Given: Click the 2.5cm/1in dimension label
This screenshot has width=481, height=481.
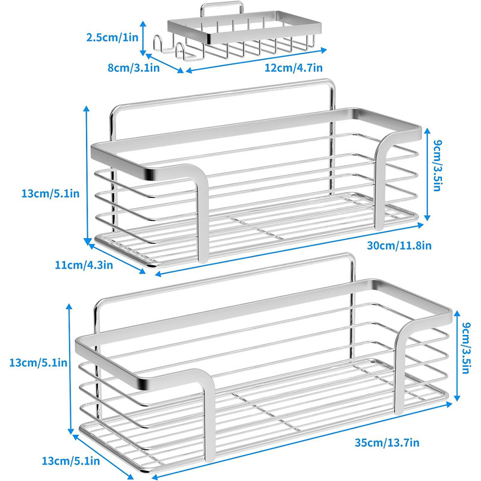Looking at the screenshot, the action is point(112,37).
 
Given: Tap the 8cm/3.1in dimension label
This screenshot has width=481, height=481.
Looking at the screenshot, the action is point(133,67).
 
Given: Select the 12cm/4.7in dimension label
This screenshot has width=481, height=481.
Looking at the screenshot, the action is point(293,67).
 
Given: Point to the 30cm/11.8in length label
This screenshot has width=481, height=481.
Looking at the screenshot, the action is point(399,245).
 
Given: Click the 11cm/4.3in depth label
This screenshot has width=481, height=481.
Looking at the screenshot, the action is point(84,265).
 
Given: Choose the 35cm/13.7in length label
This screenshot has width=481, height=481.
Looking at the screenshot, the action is point(387,443).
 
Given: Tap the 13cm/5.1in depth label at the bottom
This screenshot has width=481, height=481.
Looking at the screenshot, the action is point(70,461).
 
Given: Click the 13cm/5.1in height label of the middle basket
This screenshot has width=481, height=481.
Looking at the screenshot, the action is point(51,194).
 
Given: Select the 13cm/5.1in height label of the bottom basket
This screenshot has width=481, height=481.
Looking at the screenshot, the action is point(38,363).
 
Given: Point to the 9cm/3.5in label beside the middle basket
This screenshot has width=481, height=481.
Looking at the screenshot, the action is point(438,166).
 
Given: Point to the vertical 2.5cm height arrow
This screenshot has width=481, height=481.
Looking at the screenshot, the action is point(142,38).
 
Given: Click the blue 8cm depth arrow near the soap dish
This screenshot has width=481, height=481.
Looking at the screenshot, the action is point(165,63).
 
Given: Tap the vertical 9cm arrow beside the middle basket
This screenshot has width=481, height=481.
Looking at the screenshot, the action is point(427,174).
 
